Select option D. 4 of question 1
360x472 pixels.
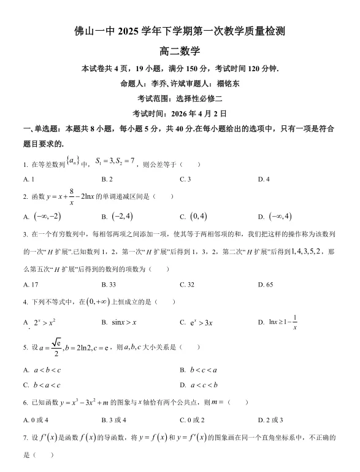click(x=264, y=179)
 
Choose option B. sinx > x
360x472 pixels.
click(x=119, y=322)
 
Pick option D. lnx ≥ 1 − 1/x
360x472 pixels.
click(x=278, y=322)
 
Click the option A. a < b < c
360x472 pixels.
click(x=42, y=370)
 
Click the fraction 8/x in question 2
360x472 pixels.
click(x=71, y=197)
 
